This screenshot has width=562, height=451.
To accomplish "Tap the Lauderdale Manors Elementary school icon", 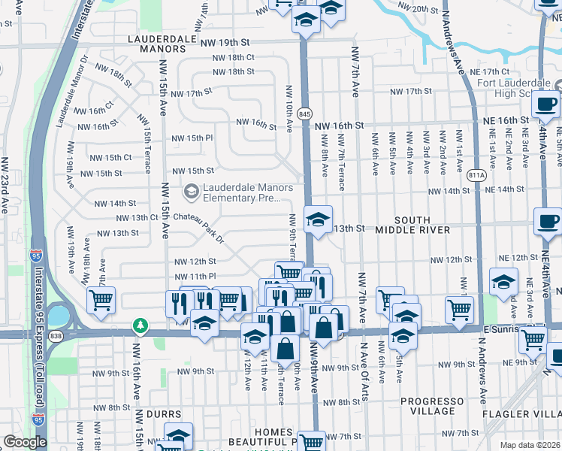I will (192, 192).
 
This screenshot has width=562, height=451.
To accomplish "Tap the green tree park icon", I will (139, 325).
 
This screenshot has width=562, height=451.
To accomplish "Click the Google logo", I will (24, 443).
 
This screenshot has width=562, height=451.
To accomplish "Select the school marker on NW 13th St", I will (318, 220).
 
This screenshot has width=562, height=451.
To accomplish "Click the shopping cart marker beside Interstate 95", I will (101, 300).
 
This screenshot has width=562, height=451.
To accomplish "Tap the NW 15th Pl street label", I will (192, 138).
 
